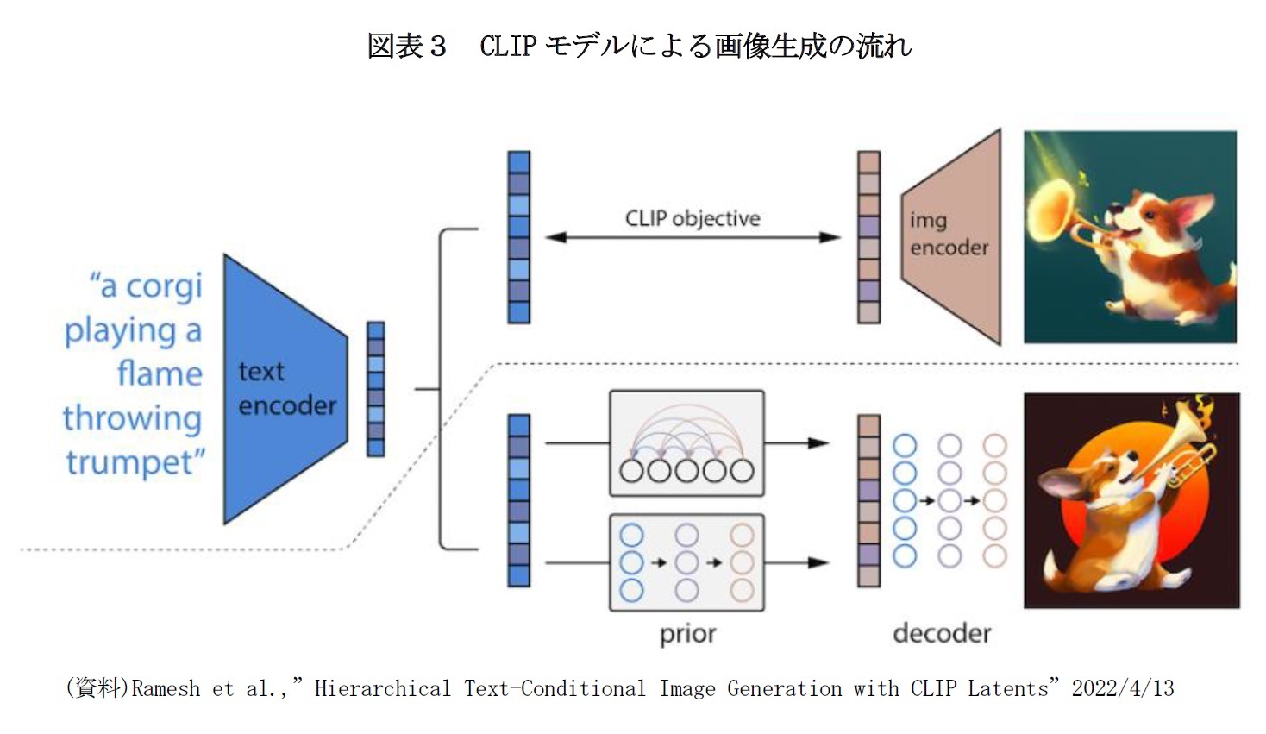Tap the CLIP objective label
tap(693, 218)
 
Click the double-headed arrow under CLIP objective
tap(693, 237)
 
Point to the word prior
tap(687, 634)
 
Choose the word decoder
tap(942, 634)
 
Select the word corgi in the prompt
tap(163, 285)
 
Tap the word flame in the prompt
tap(160, 373)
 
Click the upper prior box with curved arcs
tap(686, 443)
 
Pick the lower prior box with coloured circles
tap(686, 562)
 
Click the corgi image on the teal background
tap(1130, 237)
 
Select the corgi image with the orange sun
tap(1131, 500)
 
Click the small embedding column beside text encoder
tap(376, 389)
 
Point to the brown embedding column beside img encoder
tap(868, 237)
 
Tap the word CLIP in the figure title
tap(508, 46)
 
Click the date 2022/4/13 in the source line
tap(1122, 688)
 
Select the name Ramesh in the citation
tap(166, 688)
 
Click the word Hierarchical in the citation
tap(382, 688)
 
